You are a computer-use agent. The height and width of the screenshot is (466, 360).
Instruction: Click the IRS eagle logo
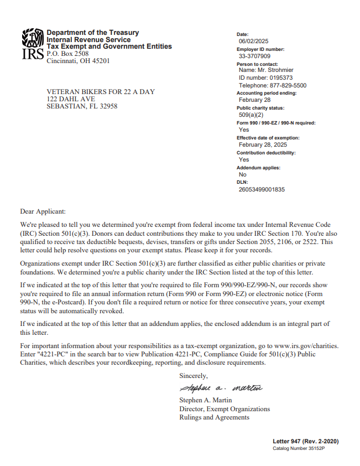pos(33,39)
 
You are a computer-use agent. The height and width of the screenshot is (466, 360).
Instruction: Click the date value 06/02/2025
pos(253,42)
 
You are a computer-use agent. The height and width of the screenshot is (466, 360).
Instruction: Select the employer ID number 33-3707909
pos(254,56)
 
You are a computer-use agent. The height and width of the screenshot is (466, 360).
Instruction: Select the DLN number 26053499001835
pos(262,189)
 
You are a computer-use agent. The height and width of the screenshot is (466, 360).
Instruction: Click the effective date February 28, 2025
pos(263,144)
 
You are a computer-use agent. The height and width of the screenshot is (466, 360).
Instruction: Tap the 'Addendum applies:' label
pos(258,167)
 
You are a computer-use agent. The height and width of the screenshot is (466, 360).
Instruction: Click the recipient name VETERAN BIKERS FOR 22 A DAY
pos(101,91)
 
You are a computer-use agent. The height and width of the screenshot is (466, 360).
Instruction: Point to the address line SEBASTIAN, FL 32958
pos(82,106)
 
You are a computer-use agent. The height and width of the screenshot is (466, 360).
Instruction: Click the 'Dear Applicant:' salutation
pos(43,211)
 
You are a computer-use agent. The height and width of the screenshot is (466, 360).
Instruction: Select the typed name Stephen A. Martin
pos(206,400)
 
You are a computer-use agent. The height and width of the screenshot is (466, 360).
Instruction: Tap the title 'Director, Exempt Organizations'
pos(225,409)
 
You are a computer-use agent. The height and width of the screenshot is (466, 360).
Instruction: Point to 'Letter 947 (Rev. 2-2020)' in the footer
pos(305,441)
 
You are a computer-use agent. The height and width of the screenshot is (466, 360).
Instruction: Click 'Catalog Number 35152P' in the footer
pos(298,448)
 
